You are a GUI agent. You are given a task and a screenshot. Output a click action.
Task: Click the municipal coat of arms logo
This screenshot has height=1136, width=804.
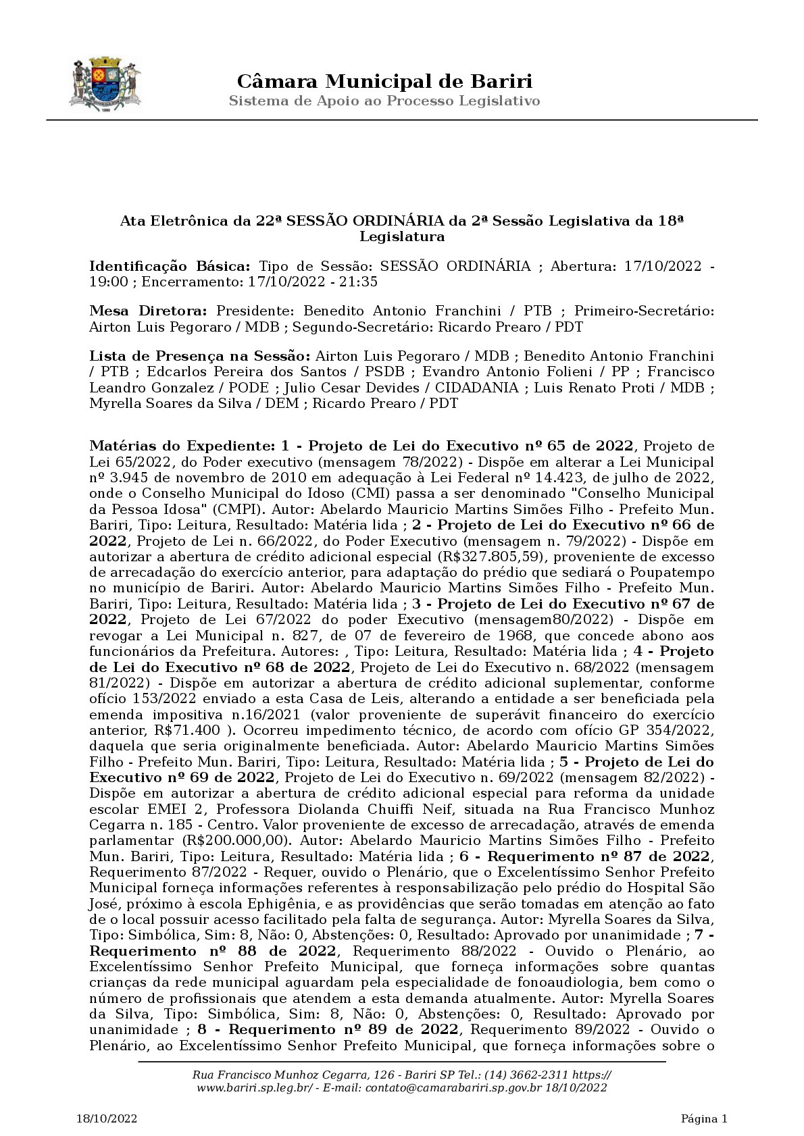(105, 84)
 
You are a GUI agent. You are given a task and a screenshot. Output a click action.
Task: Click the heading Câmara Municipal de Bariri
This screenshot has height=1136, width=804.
(384, 82)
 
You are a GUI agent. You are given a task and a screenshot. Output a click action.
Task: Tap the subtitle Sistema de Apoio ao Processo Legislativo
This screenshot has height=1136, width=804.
(384, 101)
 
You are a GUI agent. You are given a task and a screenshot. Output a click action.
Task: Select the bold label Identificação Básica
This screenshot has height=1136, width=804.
(170, 266)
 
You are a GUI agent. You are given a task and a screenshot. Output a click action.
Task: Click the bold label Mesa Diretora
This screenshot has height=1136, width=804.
(149, 311)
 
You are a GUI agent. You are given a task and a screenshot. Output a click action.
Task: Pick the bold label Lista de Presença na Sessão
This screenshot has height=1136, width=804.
(200, 356)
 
